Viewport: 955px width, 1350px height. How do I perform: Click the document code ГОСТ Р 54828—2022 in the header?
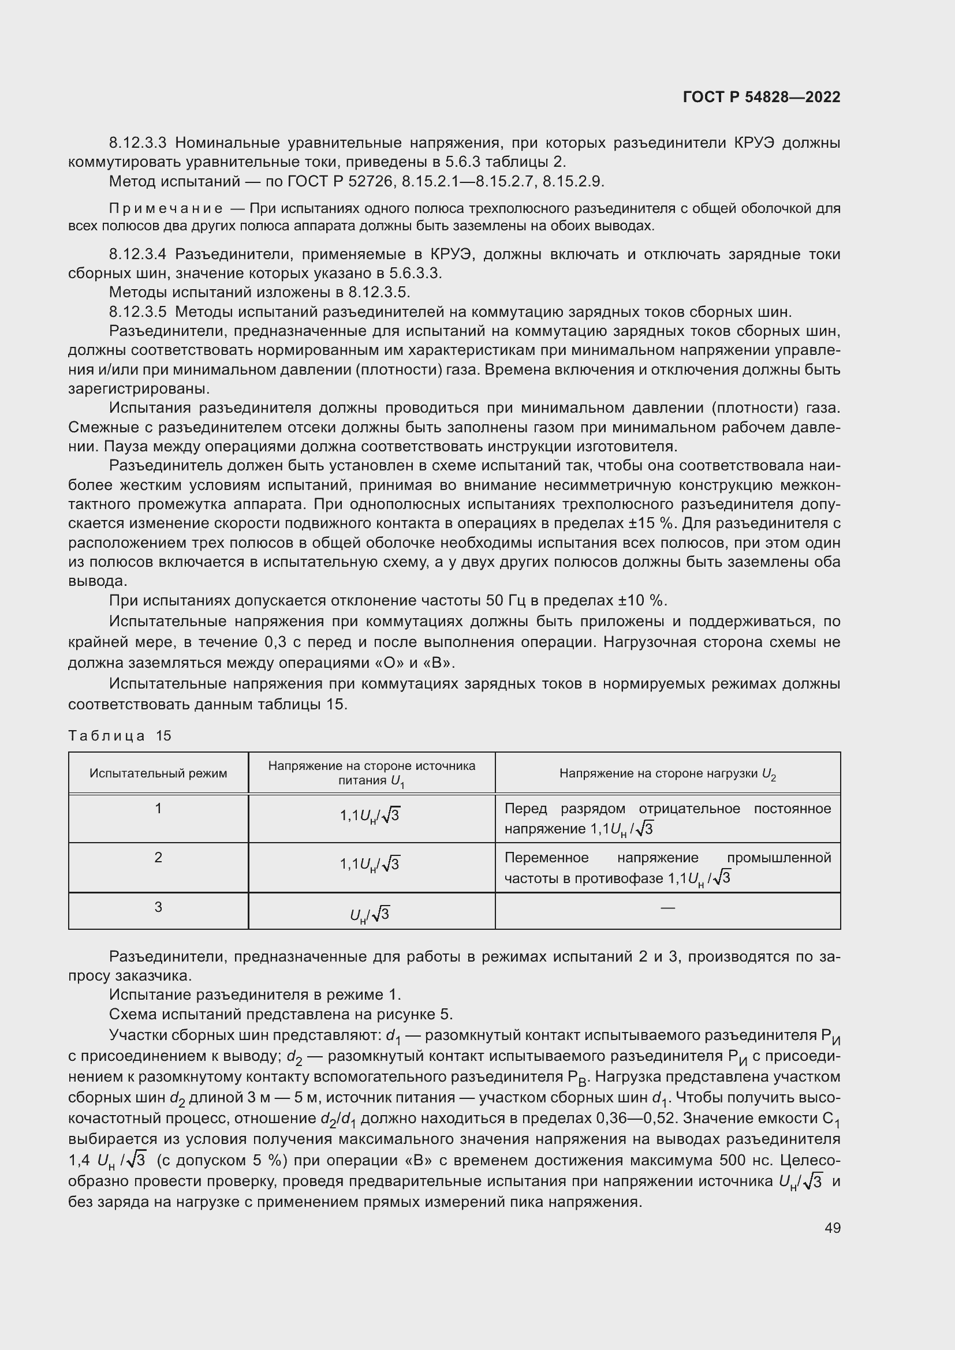point(762,97)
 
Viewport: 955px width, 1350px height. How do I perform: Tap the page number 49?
point(832,1228)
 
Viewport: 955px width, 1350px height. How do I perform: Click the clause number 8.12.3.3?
point(138,143)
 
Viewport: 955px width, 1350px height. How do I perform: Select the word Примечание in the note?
point(166,208)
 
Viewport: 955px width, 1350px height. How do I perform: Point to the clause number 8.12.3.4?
point(138,255)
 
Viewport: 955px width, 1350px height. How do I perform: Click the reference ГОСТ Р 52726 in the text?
point(340,182)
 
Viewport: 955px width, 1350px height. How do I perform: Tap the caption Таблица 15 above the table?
point(120,735)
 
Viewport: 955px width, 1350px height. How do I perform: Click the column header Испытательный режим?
point(158,773)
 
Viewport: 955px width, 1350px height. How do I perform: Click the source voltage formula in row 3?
point(370,914)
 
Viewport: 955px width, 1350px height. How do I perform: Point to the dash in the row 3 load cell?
point(667,908)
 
